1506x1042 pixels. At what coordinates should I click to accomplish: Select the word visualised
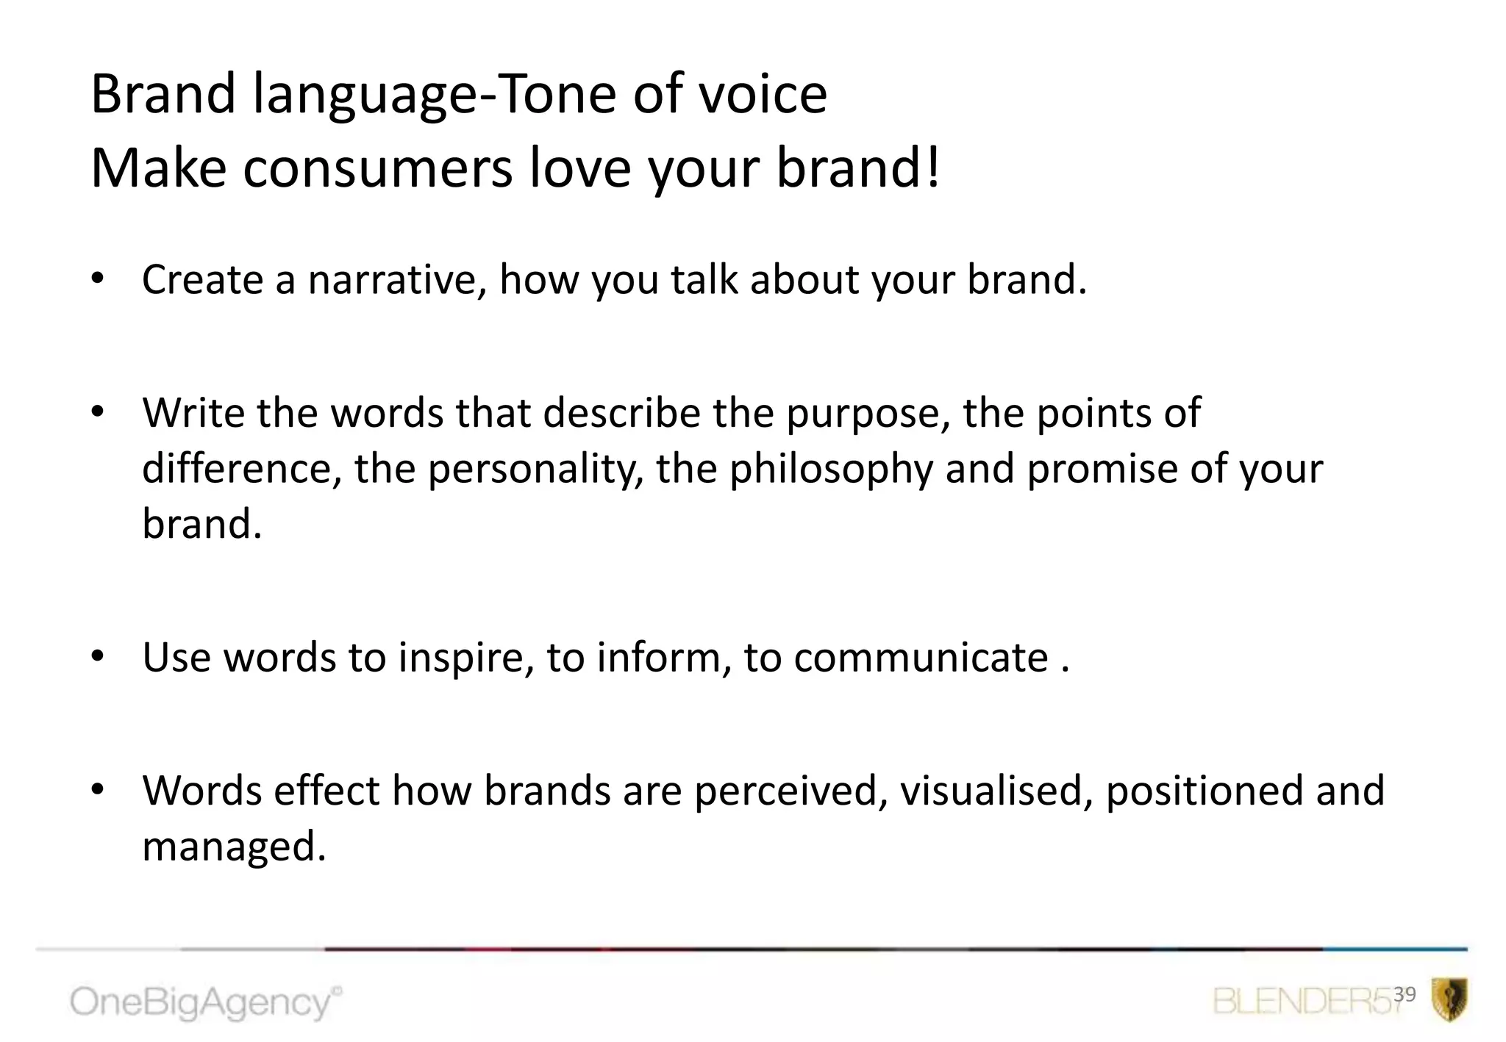click(996, 791)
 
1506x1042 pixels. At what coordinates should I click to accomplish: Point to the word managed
click(233, 847)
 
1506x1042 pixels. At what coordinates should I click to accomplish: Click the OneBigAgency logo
click(206, 1002)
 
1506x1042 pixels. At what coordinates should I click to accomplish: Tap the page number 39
click(1405, 994)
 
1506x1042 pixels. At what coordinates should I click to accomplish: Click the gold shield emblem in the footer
click(1449, 999)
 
